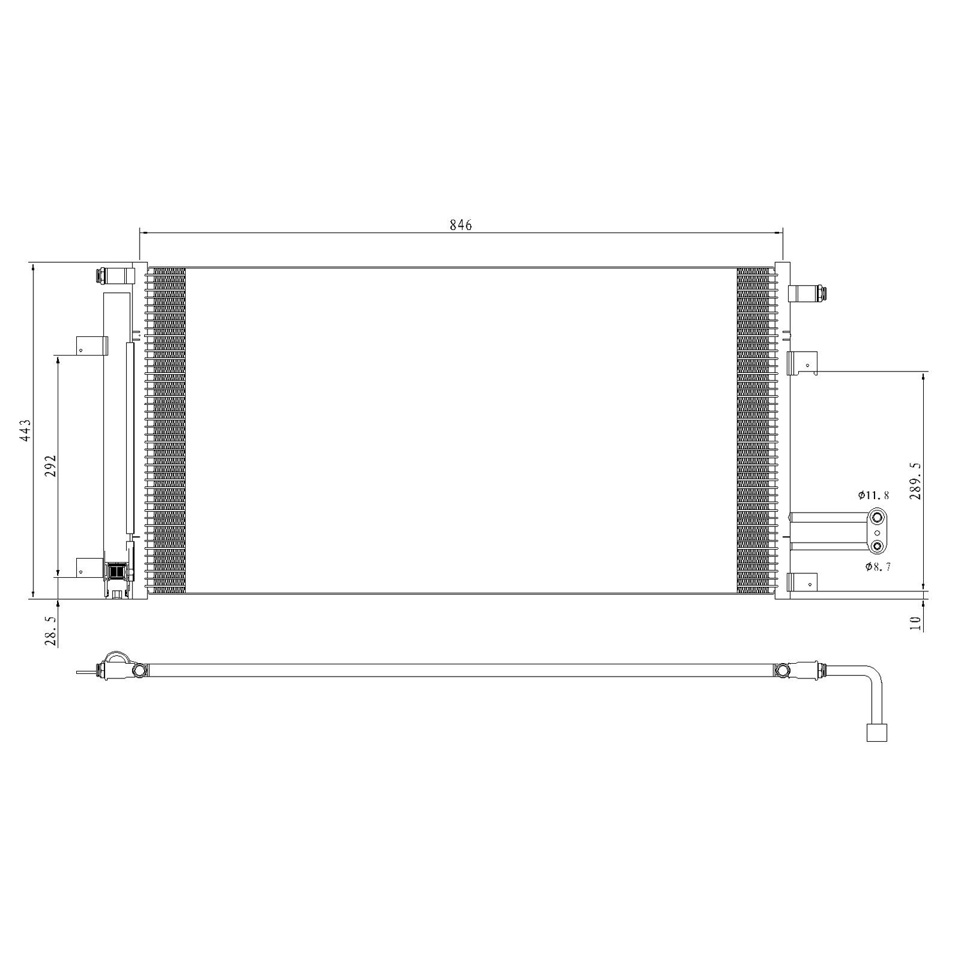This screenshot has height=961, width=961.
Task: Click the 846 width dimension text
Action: pyautogui.click(x=461, y=225)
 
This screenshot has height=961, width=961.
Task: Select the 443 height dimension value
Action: pyautogui.click(x=24, y=431)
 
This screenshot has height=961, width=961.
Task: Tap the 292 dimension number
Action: pyautogui.click(x=51, y=466)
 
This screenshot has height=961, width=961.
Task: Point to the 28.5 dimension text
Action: pyautogui.click(x=51, y=632)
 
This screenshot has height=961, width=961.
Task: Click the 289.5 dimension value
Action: pyautogui.click(x=914, y=481)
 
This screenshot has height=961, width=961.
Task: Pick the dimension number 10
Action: pyautogui.click(x=914, y=623)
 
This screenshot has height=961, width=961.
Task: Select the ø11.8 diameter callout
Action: pyautogui.click(x=874, y=495)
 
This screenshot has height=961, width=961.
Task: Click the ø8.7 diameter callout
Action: pyautogui.click(x=878, y=566)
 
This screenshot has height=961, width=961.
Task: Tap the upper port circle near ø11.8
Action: pyautogui.click(x=877, y=517)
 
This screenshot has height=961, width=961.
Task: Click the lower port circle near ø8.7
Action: pyautogui.click(x=877, y=546)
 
